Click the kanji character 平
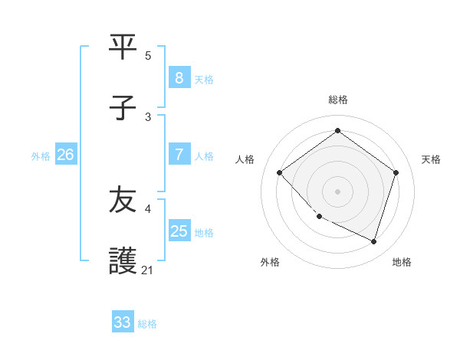coord(123,46)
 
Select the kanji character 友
coord(123,201)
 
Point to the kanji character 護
coord(123,261)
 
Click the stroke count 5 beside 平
coord(148,55)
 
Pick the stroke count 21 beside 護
coord(148,270)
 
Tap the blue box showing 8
coord(179,77)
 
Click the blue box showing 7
coord(179,155)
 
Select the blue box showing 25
coord(179,231)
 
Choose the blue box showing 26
coord(65,155)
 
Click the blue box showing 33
coord(123,322)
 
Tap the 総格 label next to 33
coord(147,324)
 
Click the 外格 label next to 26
coord(41,155)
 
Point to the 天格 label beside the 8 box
coord(204,79)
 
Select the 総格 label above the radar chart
coord(337,100)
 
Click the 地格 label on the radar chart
coord(402,262)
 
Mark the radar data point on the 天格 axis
coord(396,172)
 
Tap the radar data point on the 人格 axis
coord(280,172)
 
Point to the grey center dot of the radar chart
coord(337,191)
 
